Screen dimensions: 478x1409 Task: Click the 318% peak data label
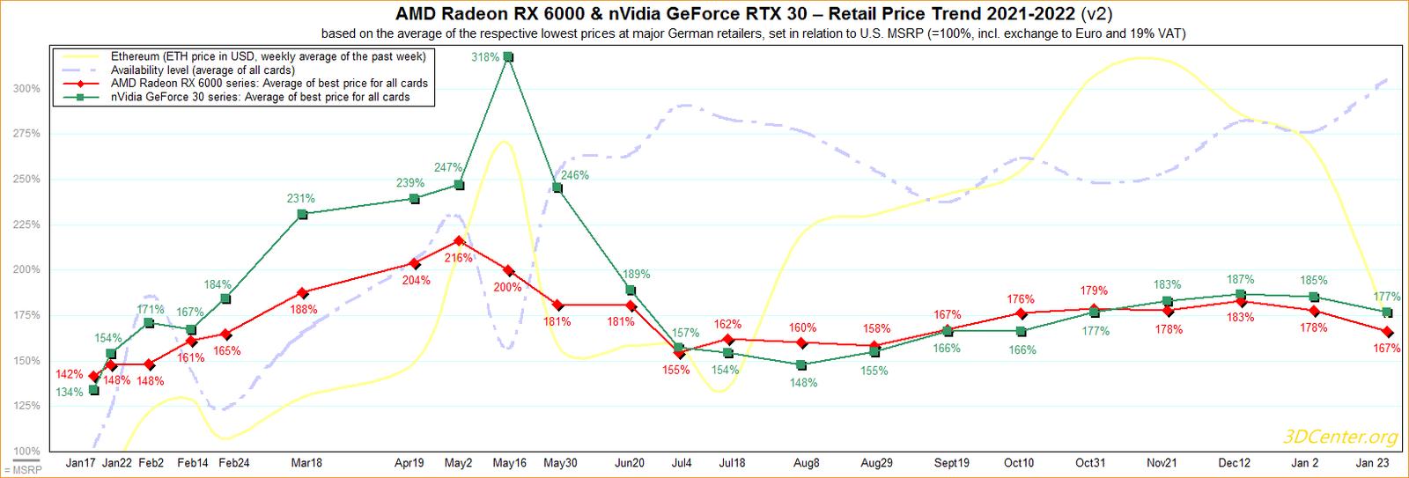(485, 57)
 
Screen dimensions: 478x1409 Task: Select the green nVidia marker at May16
(508, 57)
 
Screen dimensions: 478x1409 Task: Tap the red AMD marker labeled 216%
(459, 240)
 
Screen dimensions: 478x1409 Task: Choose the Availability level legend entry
(202, 70)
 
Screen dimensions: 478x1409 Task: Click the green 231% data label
(302, 200)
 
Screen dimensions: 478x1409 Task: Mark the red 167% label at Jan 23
(1386, 349)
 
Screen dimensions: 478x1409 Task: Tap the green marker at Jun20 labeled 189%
(630, 290)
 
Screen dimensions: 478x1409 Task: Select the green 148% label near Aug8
(802, 383)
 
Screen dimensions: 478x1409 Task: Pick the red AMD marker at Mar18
(302, 293)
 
